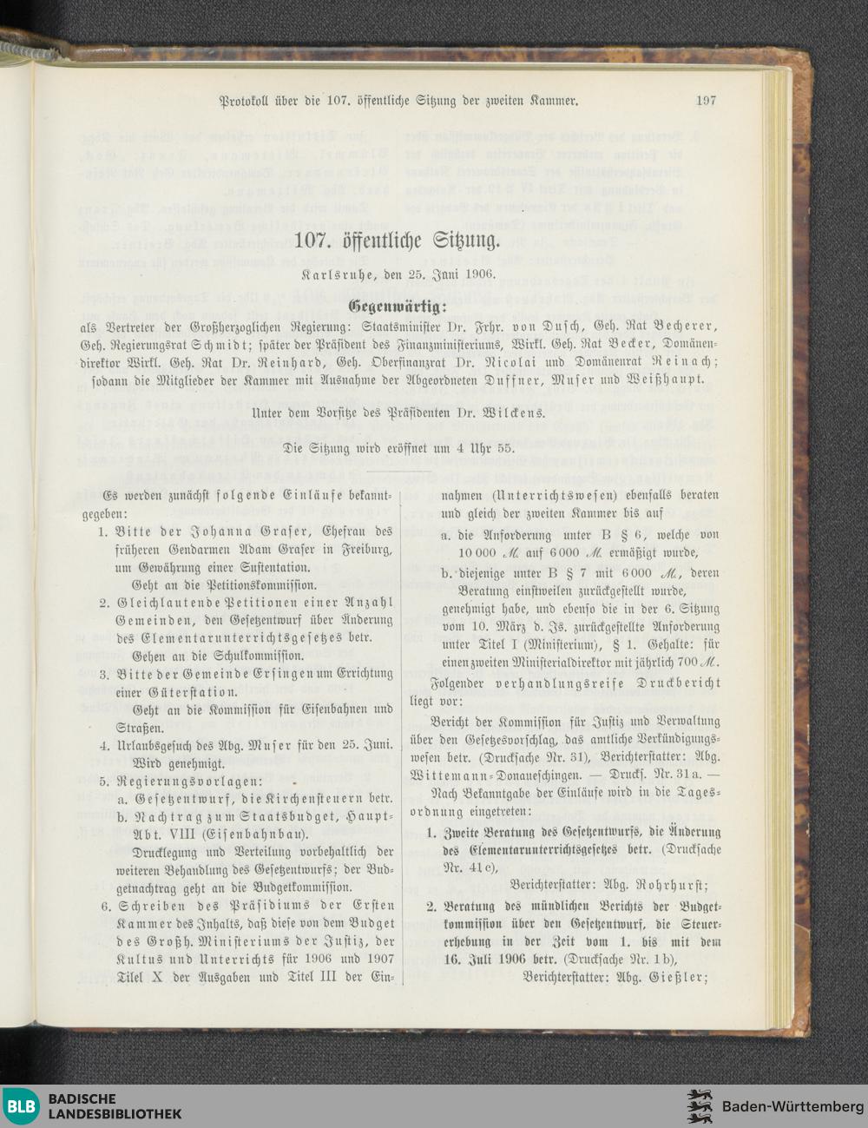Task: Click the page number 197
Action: tap(706, 101)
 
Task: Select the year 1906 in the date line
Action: tap(477, 274)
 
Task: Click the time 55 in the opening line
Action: tap(505, 450)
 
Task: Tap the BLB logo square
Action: tap(20, 1105)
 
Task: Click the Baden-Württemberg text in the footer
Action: tap(792, 1106)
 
